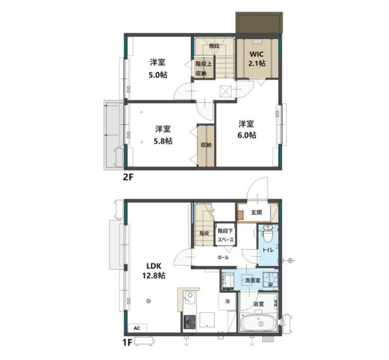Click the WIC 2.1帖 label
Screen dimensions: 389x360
click(x=257, y=59)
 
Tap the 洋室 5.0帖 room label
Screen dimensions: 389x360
click(x=158, y=68)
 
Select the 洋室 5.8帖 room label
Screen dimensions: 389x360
click(x=163, y=135)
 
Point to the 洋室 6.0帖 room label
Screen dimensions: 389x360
click(x=246, y=129)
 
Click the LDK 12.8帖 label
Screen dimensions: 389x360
click(x=154, y=271)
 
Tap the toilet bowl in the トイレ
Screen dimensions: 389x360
click(x=267, y=234)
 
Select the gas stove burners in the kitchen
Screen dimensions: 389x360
click(x=189, y=322)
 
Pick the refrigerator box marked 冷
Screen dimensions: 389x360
click(x=227, y=301)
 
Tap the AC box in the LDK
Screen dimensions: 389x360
click(x=137, y=328)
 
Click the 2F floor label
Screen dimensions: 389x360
click(x=128, y=177)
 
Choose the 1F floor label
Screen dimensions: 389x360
click(x=128, y=343)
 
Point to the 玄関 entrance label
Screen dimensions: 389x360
click(x=256, y=212)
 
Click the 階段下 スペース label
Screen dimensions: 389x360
click(x=226, y=235)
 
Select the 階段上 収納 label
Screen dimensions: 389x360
click(x=204, y=68)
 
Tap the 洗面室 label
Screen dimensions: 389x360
click(x=253, y=280)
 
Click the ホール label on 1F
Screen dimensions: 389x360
click(x=223, y=257)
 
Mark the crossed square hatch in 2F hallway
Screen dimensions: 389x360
click(x=226, y=91)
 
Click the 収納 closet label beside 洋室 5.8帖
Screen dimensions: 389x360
click(x=206, y=145)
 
